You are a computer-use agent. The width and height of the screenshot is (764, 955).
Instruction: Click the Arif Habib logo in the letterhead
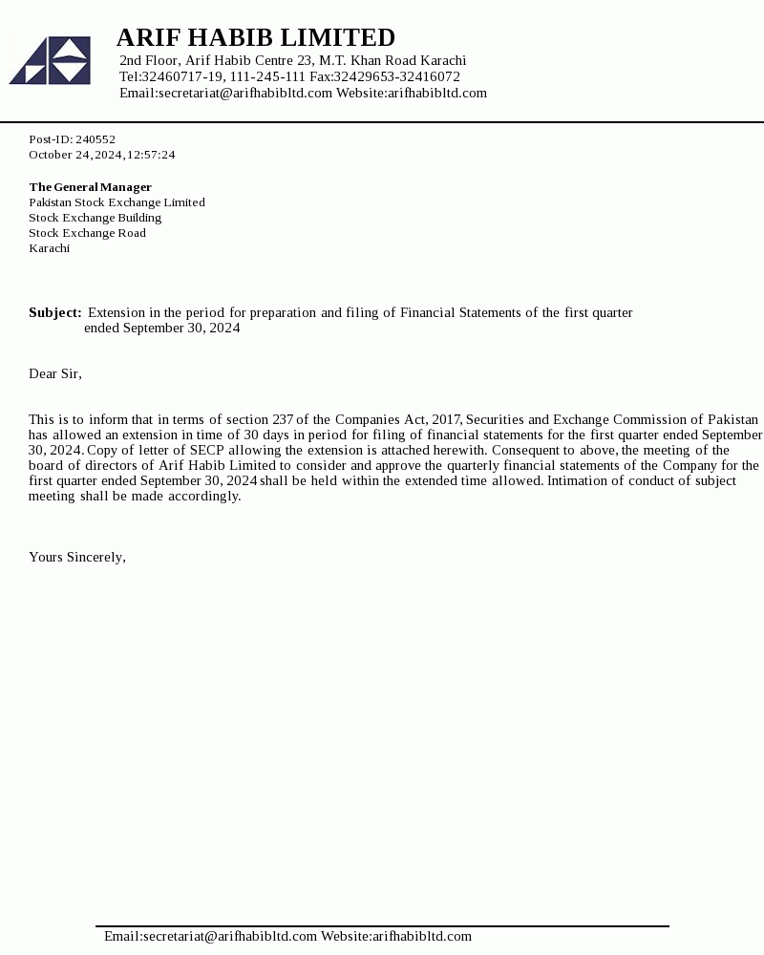[x=50, y=60]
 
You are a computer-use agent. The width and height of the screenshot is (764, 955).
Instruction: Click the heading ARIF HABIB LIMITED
[x=255, y=37]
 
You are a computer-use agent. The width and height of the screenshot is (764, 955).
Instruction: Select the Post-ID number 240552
[x=95, y=139]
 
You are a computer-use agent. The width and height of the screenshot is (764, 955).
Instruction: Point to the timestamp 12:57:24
[x=151, y=155]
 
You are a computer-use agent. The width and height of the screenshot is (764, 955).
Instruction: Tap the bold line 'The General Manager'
[x=90, y=187]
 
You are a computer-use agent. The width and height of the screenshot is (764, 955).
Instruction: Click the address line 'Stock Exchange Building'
[x=95, y=218]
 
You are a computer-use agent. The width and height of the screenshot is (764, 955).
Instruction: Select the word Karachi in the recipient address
[x=49, y=248]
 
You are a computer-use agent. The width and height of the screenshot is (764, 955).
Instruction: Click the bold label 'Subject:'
[x=54, y=312]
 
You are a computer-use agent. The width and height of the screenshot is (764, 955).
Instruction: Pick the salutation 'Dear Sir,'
[x=55, y=373]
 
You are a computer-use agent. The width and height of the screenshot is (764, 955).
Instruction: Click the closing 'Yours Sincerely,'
[x=77, y=557]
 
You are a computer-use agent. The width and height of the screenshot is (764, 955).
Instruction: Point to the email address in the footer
[x=229, y=936]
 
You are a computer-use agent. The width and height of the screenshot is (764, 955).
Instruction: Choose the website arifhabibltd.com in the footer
[x=422, y=936]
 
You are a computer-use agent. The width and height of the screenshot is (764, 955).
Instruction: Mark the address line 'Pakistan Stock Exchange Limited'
[x=117, y=202]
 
